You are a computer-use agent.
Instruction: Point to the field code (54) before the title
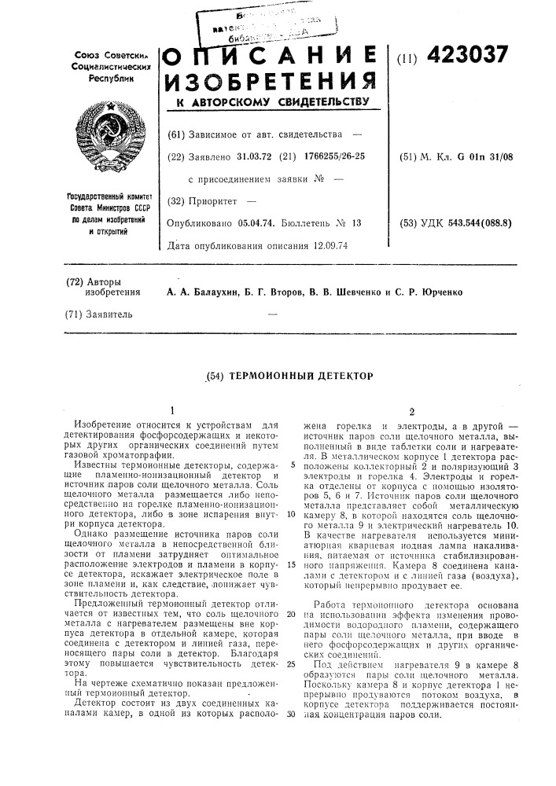[208, 376]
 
